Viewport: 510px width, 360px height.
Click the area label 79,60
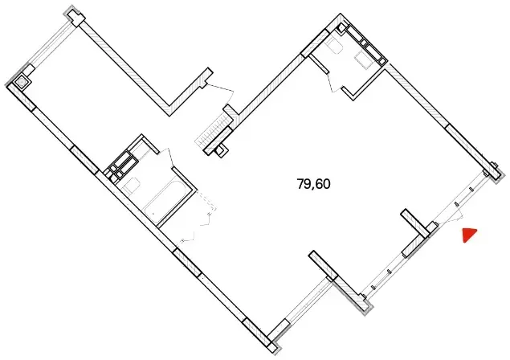(313, 184)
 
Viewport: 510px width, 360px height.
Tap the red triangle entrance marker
(469, 235)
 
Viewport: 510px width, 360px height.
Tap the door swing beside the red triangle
(451, 215)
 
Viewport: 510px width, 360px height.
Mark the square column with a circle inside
(22, 82)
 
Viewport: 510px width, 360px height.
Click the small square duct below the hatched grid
(221, 151)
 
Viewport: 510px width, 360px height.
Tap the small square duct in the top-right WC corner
(341, 27)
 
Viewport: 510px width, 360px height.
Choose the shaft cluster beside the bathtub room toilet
(123, 165)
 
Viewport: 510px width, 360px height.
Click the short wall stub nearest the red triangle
(414, 223)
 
